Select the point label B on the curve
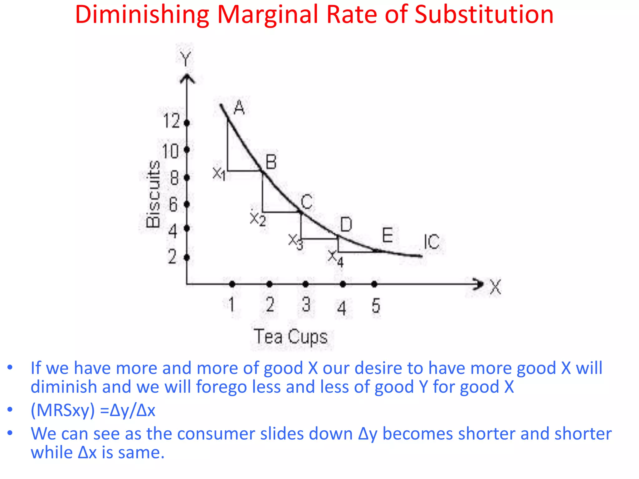click(271, 162)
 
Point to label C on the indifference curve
click(306, 202)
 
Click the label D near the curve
click(346, 225)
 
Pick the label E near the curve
click(387, 235)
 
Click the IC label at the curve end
click(432, 242)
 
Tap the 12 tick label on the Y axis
click(171, 121)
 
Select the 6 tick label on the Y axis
click(173, 205)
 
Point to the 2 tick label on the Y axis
click(172, 257)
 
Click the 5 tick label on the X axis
click(376, 306)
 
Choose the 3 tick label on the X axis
click(306, 305)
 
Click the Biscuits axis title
click(153, 194)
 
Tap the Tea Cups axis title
click(290, 337)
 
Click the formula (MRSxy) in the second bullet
click(62, 410)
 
